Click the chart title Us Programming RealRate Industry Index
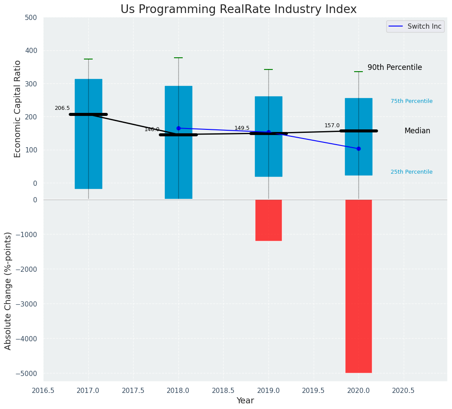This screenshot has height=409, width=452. pyautogui.click(x=238, y=10)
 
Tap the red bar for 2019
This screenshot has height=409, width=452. pyautogui.click(x=268, y=220)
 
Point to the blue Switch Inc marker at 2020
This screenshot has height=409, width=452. pyautogui.click(x=358, y=148)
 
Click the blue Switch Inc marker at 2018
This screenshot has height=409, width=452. pyautogui.click(x=178, y=128)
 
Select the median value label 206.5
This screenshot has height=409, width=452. pyautogui.click(x=62, y=108)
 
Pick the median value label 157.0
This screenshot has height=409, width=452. pyautogui.click(x=332, y=125)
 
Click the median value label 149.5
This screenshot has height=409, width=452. pyautogui.click(x=242, y=128)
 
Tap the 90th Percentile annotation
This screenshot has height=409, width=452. pyautogui.click(x=395, y=68)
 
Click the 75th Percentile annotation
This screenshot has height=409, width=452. pyautogui.click(x=412, y=101)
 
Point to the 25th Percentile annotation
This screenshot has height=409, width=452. pyautogui.click(x=412, y=172)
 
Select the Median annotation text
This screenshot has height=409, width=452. pyautogui.click(x=417, y=131)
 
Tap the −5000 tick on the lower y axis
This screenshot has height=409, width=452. pyautogui.click(x=26, y=373)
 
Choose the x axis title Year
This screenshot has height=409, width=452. pyautogui.click(x=245, y=401)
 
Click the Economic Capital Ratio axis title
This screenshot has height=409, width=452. pyautogui.click(x=18, y=109)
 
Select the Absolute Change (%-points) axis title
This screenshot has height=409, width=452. pyautogui.click(x=8, y=290)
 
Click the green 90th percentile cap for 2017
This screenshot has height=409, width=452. pyautogui.click(x=88, y=59)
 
